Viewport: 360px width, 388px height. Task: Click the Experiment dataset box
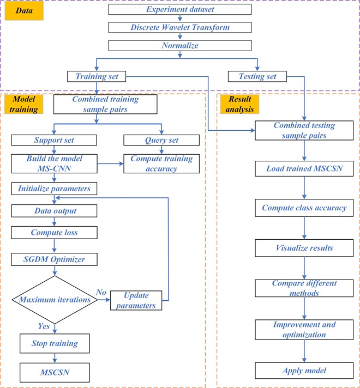coord(179,9)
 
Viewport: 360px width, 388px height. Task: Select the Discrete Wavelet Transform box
coord(179,27)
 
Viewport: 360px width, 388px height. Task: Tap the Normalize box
coord(179,46)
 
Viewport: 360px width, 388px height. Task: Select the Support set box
coord(54,140)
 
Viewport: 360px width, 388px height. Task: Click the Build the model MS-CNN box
coord(54,163)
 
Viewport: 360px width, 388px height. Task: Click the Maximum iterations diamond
coord(53,299)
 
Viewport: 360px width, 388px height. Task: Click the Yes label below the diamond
coord(44,326)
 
